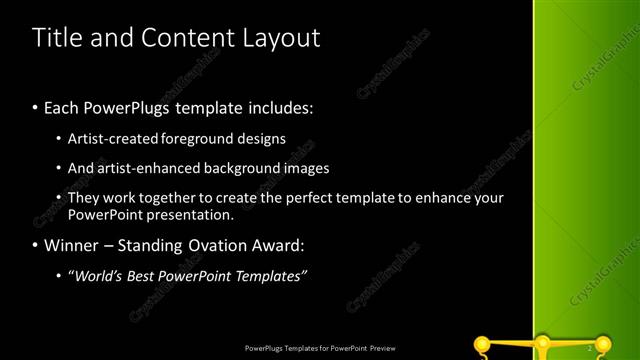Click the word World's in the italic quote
click(x=95, y=275)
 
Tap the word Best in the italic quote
click(x=138, y=275)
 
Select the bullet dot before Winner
click(x=36, y=245)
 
